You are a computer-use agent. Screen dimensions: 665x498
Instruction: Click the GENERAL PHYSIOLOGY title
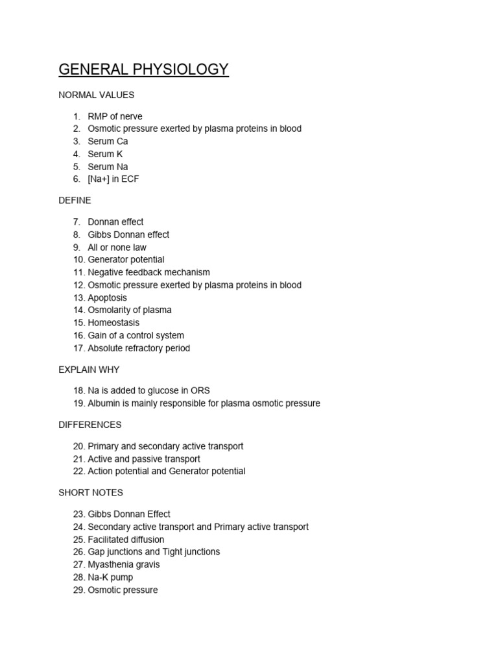pyautogui.click(x=143, y=69)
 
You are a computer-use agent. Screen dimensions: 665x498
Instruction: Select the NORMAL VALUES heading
pyautogui.click(x=96, y=95)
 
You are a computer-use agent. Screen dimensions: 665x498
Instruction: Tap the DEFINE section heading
pyautogui.click(x=75, y=201)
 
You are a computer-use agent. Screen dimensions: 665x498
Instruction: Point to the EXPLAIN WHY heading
pyautogui.click(x=89, y=370)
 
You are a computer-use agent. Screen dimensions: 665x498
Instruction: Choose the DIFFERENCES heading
pyautogui.click(x=89, y=425)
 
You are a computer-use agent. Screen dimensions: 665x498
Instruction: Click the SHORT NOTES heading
pyautogui.click(x=90, y=492)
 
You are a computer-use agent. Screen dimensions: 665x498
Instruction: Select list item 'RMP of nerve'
pyautogui.click(x=115, y=116)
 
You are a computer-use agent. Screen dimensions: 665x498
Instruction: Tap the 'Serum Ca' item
pyautogui.click(x=108, y=142)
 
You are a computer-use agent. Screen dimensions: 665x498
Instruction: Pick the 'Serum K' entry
pyautogui.click(x=105, y=154)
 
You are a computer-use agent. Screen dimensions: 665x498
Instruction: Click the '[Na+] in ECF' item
pyautogui.click(x=113, y=179)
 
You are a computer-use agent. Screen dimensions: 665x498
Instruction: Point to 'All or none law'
pyautogui.click(x=117, y=247)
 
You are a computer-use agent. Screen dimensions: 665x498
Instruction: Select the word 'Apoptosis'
pyautogui.click(x=108, y=298)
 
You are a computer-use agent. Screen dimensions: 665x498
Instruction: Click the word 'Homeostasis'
pyautogui.click(x=113, y=323)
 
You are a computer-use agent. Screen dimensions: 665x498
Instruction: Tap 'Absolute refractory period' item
pyautogui.click(x=139, y=348)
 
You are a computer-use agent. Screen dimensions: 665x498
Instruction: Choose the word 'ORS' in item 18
pyautogui.click(x=200, y=391)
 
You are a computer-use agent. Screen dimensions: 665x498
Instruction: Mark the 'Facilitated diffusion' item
pyautogui.click(x=126, y=540)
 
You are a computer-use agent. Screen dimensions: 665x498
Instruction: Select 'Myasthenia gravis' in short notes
pyautogui.click(x=123, y=564)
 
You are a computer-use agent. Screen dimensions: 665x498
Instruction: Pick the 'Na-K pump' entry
pyautogui.click(x=110, y=577)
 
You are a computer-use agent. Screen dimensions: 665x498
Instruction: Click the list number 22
pyautogui.click(x=79, y=471)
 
